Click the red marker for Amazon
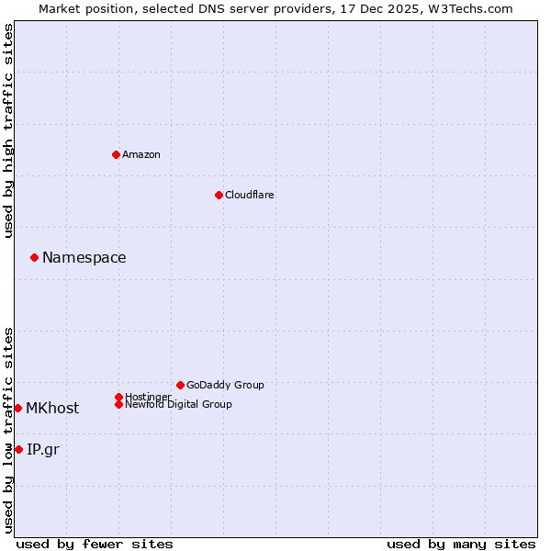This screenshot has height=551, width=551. point(116,154)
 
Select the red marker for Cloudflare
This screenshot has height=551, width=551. point(219,195)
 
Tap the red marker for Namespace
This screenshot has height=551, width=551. point(34,257)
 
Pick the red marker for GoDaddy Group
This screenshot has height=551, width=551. point(180,385)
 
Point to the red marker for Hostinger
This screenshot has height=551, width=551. point(118,397)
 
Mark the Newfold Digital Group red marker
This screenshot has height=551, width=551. point(118,404)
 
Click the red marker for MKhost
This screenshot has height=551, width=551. point(17,408)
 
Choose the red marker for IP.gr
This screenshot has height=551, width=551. point(18,449)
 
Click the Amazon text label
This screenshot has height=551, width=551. point(141,154)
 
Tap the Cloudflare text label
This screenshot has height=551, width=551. point(250,195)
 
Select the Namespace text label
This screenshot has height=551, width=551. point(84,258)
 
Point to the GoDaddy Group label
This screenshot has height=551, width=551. point(225,385)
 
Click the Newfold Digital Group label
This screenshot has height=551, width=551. point(178,404)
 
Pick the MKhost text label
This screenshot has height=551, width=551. point(52,409)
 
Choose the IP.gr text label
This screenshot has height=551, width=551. point(43,449)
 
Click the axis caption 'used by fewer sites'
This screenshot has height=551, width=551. point(95,544)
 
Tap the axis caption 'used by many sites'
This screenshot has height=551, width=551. point(461,544)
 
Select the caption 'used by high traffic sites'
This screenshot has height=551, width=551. point(8,130)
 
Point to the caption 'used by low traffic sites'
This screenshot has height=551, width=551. point(8,430)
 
